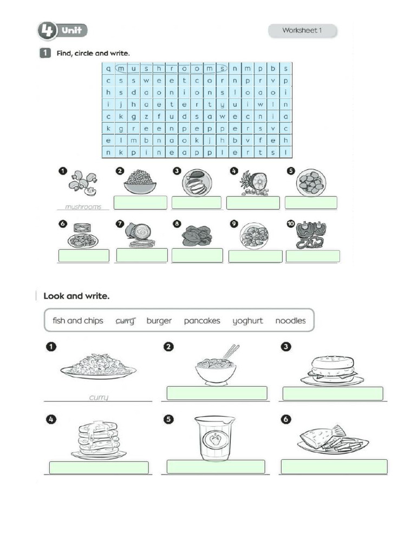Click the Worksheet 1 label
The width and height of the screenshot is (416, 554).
click(302, 31)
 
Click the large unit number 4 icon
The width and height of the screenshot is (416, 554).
click(47, 31)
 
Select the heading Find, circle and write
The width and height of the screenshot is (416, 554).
click(93, 53)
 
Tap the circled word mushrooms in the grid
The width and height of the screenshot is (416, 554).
click(170, 69)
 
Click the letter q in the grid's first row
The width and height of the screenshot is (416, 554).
click(108, 69)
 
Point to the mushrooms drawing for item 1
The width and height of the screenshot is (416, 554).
click(83, 184)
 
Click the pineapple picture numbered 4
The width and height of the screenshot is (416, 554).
click(253, 183)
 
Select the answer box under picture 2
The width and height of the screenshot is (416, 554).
click(140, 203)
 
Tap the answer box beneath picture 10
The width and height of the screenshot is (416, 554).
click(313, 256)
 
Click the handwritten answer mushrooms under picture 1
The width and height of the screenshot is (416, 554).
click(83, 207)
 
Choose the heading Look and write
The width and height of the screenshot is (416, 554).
click(76, 296)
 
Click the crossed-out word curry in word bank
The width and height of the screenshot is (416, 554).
click(125, 321)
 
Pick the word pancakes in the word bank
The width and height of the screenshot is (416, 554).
click(202, 321)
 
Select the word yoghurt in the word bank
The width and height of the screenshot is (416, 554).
click(248, 321)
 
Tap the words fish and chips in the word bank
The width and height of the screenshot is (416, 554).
click(78, 321)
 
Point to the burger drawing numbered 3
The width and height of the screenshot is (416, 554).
click(332, 370)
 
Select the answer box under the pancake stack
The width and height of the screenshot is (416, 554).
click(99, 467)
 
